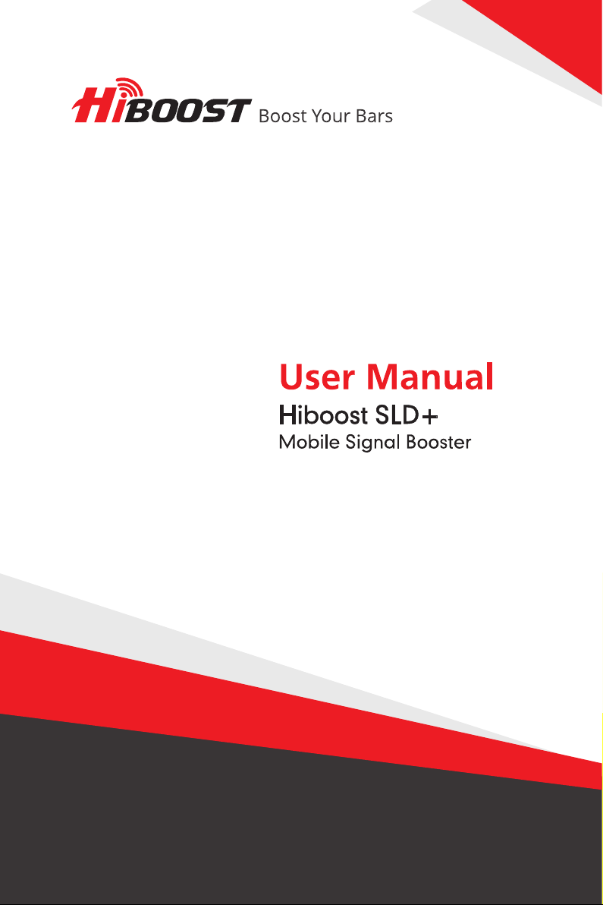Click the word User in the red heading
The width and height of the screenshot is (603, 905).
(316, 377)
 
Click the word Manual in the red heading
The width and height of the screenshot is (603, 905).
(430, 377)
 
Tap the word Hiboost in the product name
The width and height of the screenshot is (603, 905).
(323, 415)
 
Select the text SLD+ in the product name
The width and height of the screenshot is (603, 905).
(407, 415)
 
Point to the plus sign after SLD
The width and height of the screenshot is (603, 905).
(430, 416)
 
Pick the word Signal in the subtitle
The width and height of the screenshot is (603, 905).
(372, 443)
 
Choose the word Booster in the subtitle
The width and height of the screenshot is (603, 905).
(438, 442)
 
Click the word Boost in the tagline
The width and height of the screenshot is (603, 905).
(282, 116)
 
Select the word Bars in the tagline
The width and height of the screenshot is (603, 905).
(374, 116)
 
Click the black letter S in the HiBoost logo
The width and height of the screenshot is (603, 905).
(209, 111)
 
